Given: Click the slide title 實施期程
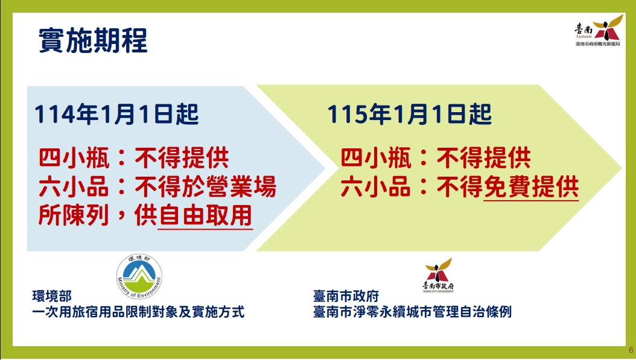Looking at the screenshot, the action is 93,40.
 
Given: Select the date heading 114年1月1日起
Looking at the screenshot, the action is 116,114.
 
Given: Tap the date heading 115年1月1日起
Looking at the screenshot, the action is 409,114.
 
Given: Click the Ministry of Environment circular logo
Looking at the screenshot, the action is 139,277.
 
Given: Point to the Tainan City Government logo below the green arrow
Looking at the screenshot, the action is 438,275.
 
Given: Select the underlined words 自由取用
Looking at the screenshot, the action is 205,215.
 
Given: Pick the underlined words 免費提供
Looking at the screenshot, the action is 532,187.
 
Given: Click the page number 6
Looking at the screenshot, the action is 631,350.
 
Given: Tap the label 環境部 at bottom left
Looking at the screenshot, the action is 52,296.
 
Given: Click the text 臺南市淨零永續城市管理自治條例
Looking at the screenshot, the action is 412,312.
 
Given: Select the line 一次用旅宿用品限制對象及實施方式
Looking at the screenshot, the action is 138,312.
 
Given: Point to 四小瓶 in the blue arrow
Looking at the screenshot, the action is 74,158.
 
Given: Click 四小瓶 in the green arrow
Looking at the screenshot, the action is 376,158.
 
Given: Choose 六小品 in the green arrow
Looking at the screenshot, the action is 375,187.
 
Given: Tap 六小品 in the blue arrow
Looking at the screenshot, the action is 74,187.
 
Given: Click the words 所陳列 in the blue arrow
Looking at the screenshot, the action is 74,215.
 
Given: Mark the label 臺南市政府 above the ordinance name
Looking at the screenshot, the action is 346,296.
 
